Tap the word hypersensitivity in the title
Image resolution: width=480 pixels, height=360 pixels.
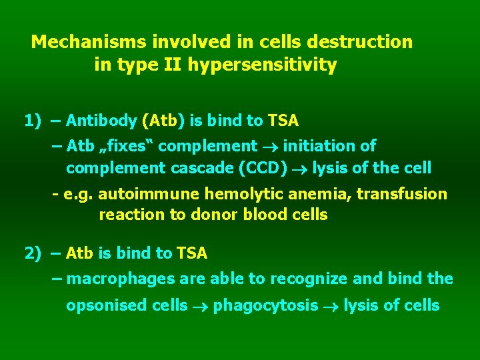pyautogui.click(x=263, y=65)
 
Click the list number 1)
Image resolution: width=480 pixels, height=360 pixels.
pyautogui.click(x=33, y=121)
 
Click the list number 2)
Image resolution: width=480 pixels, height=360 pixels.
pyautogui.click(x=33, y=253)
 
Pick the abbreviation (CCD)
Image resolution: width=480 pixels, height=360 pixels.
pyautogui.click(x=263, y=168)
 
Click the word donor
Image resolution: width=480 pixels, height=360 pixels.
pyautogui.click(x=215, y=215)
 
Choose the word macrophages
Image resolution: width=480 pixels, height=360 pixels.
pyautogui.click(x=116, y=279)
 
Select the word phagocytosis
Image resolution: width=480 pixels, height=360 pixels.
pyautogui.click(x=265, y=305)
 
